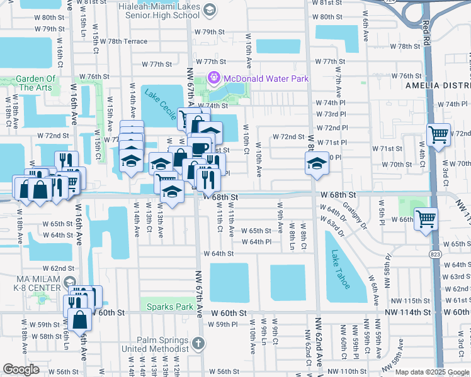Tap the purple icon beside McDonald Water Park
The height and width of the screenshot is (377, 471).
(213, 79)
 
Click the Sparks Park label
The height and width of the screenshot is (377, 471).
(168, 307)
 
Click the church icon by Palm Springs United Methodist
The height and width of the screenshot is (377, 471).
(198, 342)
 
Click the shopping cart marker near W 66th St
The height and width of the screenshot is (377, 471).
(426, 219)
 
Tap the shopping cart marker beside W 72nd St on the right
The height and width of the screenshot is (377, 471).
(438, 134)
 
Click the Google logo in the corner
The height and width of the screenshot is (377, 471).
(21, 369)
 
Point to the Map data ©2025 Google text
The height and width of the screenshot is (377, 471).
(432, 372)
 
